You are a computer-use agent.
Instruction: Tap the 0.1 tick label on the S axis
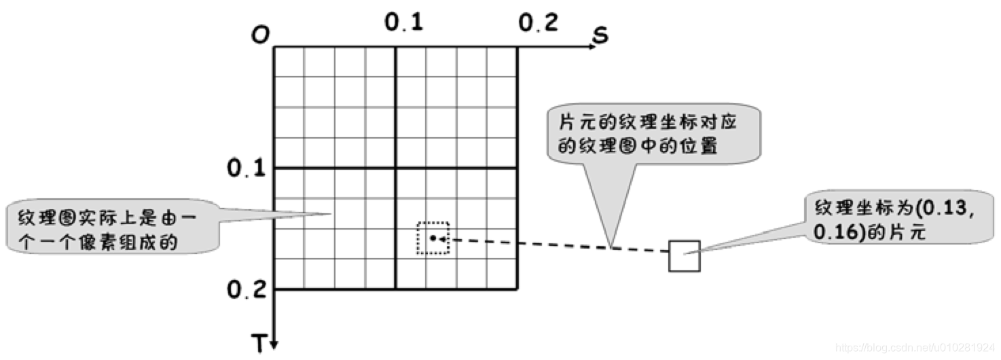point(404,23)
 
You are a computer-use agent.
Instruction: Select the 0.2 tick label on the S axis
point(539,23)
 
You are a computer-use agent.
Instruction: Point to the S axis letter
point(599,35)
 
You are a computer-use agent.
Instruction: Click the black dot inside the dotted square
point(433,238)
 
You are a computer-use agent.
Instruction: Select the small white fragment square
point(684,256)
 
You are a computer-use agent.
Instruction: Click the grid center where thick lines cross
point(395,168)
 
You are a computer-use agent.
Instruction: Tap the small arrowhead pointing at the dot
point(442,238)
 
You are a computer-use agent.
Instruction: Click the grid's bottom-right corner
point(517,290)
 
